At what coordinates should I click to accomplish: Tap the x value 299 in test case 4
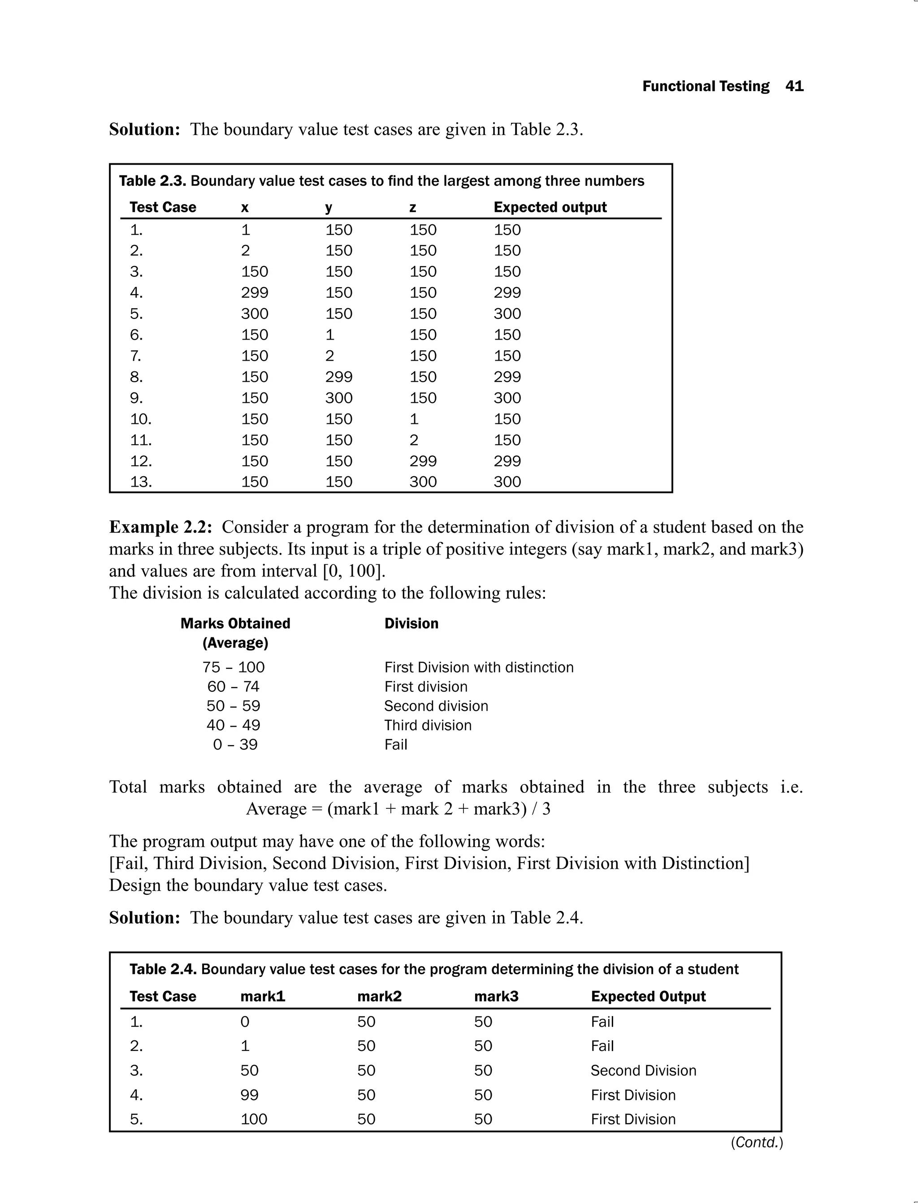pos(255,292)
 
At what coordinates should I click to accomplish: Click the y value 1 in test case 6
pos(329,335)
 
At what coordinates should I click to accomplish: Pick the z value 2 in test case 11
pos(414,440)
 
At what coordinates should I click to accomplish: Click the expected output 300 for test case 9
pos(507,398)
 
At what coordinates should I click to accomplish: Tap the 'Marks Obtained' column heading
pos(235,623)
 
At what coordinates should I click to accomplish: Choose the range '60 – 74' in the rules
pos(234,687)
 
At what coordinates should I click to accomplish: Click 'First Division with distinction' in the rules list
pos(479,668)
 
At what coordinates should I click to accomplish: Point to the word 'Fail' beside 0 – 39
pos(396,745)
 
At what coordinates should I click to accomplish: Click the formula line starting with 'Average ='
pos(398,809)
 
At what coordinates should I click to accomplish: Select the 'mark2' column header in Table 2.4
pos(379,996)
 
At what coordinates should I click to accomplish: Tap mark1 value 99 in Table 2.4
pos(249,1095)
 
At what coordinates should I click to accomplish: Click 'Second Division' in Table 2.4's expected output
pos(643,1071)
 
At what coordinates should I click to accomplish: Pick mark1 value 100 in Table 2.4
pos(254,1119)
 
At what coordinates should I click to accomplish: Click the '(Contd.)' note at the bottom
pos(757,1142)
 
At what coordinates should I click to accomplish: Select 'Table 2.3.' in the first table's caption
pos(152,181)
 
